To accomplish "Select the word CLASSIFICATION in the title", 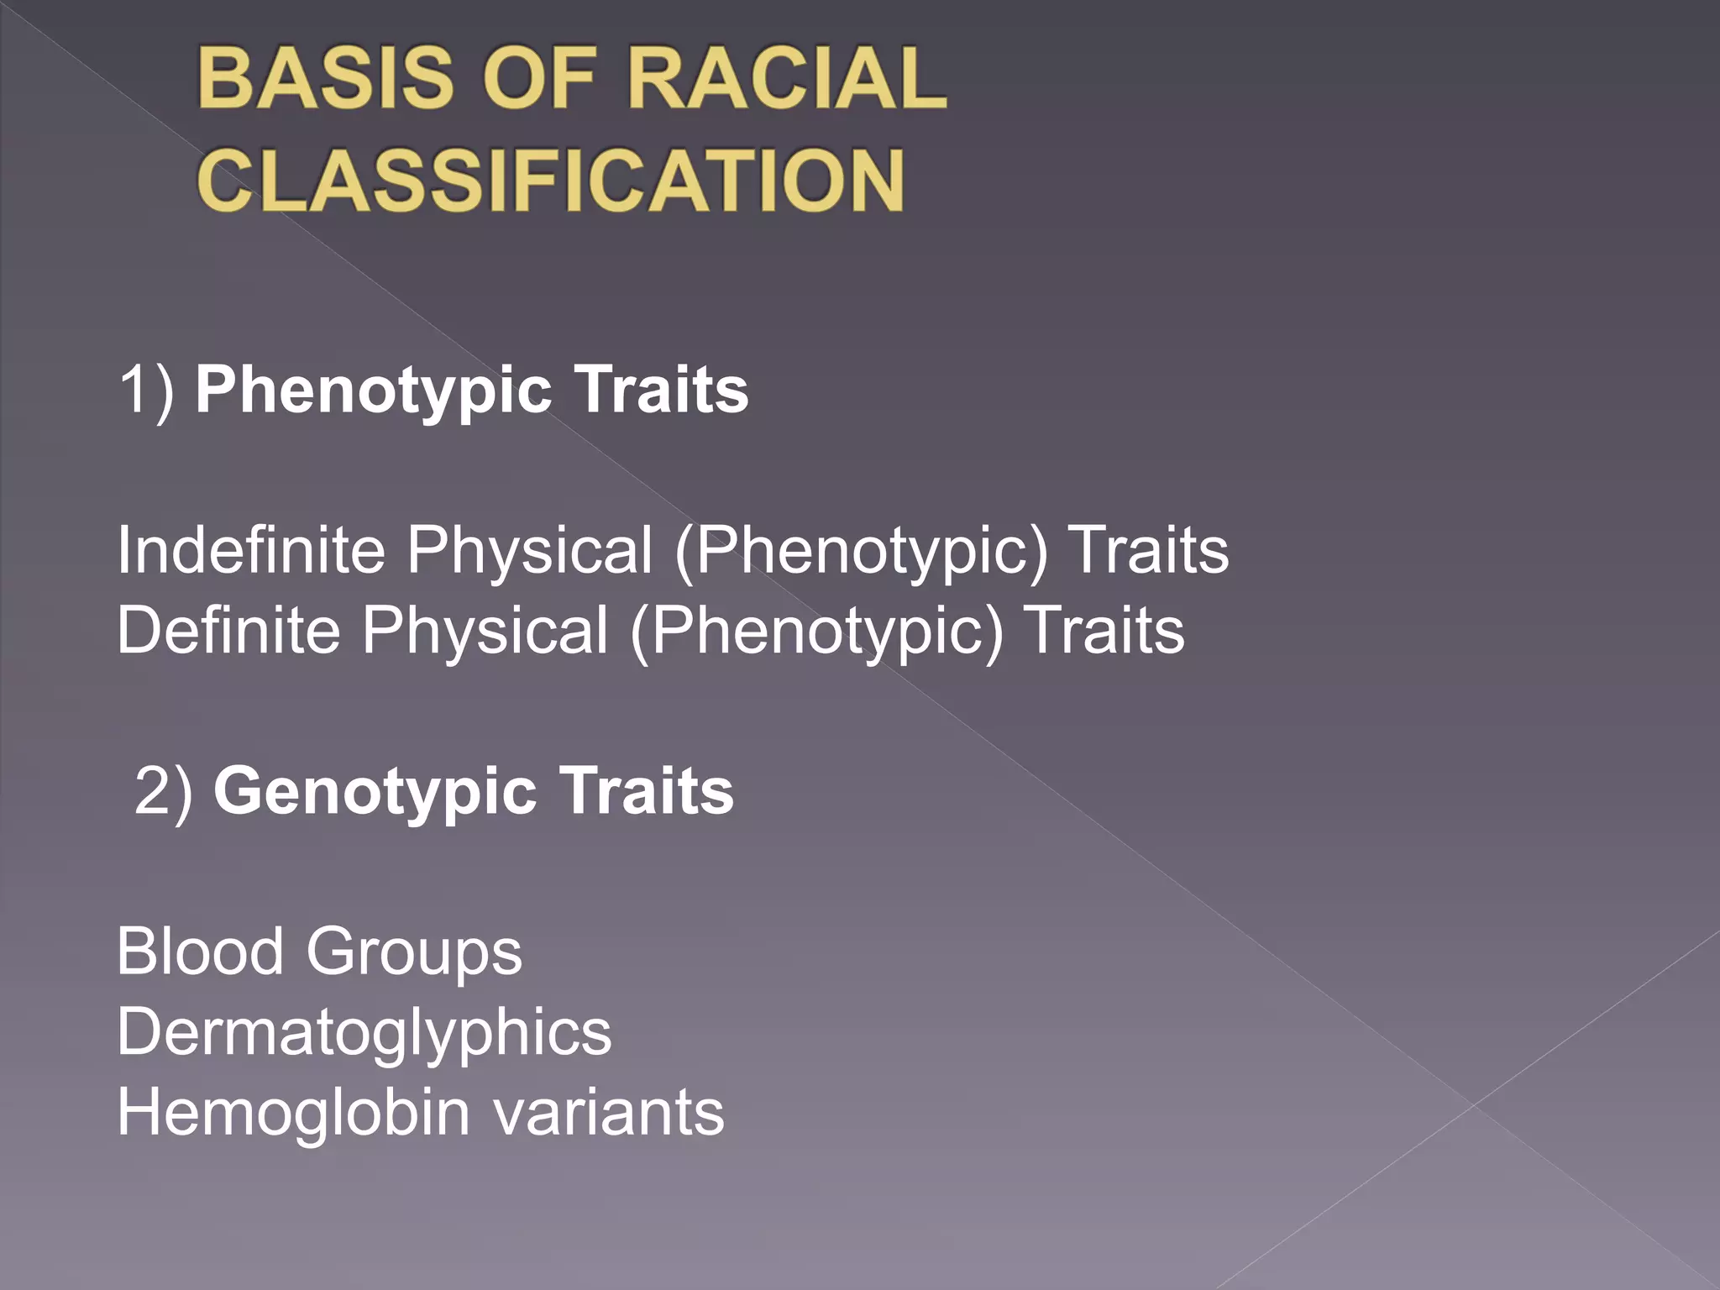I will [551, 180].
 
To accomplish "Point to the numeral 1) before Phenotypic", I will [146, 390].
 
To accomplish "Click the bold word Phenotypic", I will [373, 391].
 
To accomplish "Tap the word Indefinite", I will [250, 550].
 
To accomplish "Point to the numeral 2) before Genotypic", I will [164, 791].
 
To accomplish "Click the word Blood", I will [200, 952].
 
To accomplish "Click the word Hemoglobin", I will [293, 1113].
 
